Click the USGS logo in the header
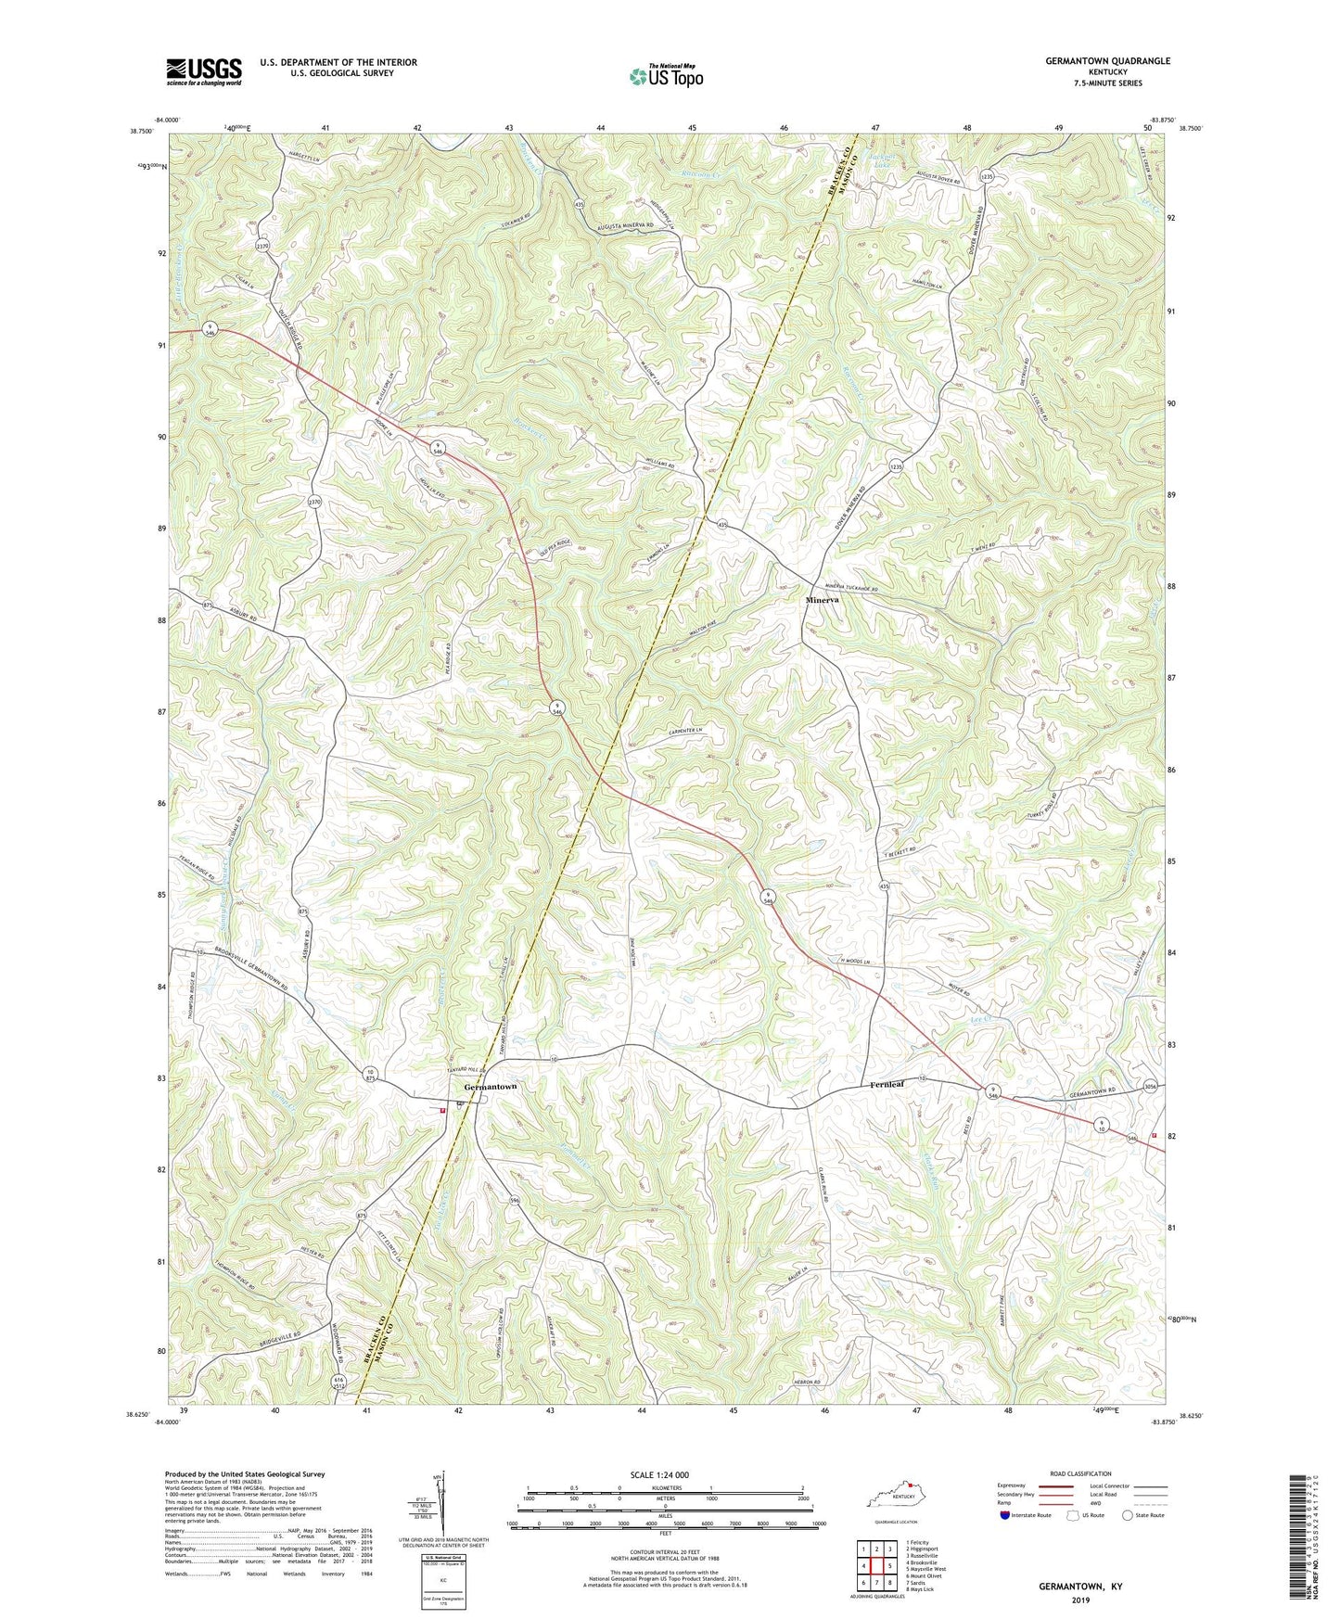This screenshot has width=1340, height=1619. coord(204,71)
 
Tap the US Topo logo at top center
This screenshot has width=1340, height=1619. coord(665,76)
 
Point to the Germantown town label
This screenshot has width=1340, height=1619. coord(490,1087)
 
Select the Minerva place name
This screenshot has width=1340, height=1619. coord(821,600)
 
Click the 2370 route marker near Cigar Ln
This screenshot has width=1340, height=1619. coord(262,246)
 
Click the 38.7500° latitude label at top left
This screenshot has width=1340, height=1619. coord(141,132)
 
